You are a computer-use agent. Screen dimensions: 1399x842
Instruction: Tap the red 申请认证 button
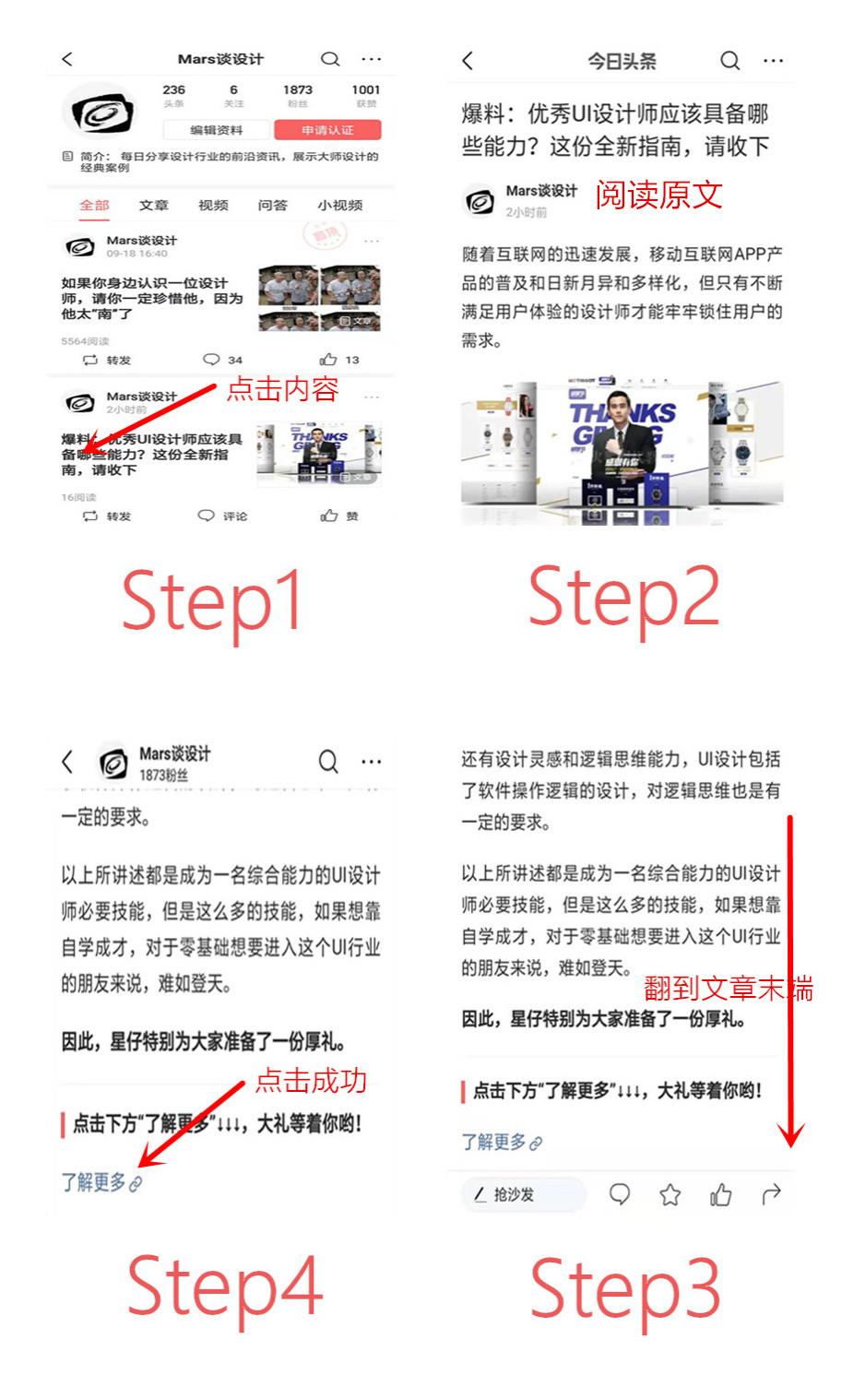326,130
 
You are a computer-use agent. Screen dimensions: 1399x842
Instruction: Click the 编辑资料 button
217,130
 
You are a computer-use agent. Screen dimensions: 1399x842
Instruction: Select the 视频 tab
213,205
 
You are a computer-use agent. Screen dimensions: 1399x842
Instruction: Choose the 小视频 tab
339,205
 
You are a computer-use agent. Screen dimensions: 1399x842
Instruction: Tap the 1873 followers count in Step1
297,95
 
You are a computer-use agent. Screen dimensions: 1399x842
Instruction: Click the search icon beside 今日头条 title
729,61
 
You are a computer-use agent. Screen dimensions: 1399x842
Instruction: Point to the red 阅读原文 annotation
658,195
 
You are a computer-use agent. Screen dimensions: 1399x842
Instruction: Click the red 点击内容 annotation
282,388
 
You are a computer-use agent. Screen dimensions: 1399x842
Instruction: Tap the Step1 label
212,601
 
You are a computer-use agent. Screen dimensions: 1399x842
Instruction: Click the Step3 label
624,1288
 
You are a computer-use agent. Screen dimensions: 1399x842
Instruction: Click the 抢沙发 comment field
522,1194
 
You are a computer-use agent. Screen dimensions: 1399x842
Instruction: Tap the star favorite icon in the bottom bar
670,1195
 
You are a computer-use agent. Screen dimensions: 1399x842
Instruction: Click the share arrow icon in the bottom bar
771,1195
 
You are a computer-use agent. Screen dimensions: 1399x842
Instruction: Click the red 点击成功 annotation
311,1080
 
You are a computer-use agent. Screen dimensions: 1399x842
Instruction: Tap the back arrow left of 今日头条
468,61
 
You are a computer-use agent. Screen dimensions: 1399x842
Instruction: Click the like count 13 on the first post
341,360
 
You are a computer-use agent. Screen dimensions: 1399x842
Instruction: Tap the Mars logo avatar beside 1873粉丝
113,764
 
